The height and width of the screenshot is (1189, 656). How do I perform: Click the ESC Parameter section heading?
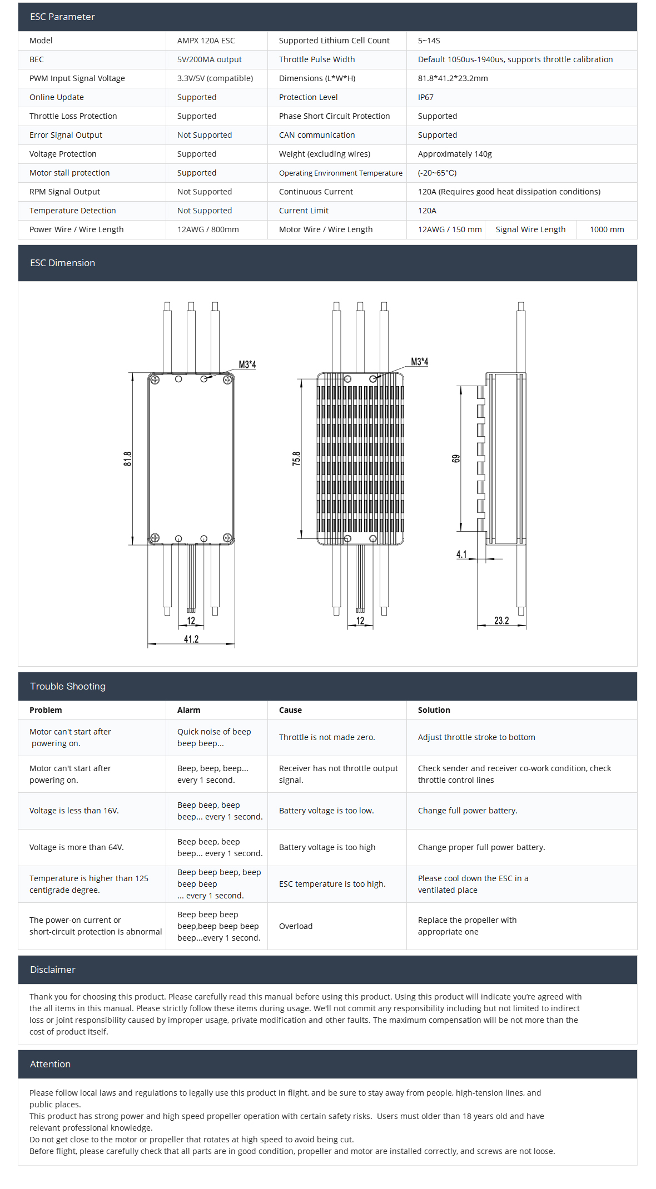(x=62, y=17)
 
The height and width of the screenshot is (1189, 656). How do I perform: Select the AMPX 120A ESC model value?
(x=206, y=41)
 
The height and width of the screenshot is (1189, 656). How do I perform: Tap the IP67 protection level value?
(x=425, y=97)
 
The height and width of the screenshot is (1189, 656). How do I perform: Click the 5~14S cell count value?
(x=429, y=41)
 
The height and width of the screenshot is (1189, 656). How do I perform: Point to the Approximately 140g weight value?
(x=454, y=154)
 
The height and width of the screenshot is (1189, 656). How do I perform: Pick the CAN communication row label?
(x=316, y=135)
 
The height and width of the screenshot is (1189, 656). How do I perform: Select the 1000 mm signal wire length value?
(x=607, y=229)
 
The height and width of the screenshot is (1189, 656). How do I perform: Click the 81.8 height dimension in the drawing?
(x=128, y=458)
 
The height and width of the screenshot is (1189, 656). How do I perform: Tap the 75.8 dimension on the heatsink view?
(x=296, y=458)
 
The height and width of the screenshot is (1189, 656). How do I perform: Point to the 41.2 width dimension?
(x=191, y=639)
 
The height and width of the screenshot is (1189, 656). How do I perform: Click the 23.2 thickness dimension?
(x=501, y=621)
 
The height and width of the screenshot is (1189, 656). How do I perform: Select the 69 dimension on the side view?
(x=456, y=458)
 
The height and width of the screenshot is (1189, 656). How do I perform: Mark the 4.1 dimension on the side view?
(x=461, y=554)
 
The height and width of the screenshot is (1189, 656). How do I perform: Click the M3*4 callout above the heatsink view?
(x=419, y=362)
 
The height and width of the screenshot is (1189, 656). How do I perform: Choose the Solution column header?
(x=434, y=710)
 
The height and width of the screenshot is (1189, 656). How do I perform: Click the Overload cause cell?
(x=296, y=926)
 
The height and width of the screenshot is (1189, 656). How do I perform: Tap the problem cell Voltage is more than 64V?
(x=77, y=847)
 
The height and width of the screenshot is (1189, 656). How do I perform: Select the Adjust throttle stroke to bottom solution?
(x=476, y=737)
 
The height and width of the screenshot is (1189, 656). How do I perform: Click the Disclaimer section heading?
(x=52, y=970)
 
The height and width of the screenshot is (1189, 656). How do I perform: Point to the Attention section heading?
(x=50, y=1064)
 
